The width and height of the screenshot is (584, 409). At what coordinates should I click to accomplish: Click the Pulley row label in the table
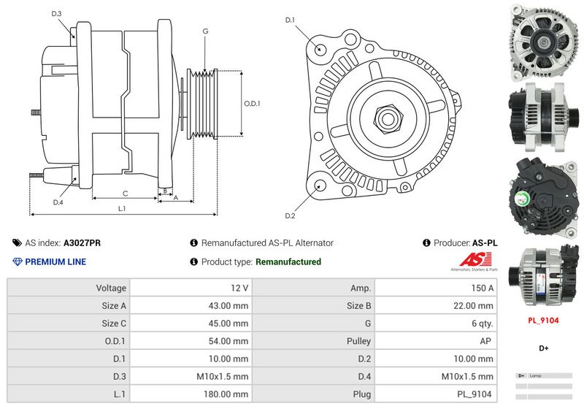coord(358,341)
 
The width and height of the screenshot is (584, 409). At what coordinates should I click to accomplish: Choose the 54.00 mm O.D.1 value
coord(228,341)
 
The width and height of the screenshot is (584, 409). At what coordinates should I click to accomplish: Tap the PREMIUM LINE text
coord(55,261)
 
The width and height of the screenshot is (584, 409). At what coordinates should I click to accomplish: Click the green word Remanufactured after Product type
coord(288,261)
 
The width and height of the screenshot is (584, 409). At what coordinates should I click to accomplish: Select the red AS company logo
coord(475,261)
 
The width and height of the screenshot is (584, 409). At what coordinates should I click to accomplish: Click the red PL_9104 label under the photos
coord(544,320)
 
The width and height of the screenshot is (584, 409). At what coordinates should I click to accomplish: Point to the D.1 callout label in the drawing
coord(290,20)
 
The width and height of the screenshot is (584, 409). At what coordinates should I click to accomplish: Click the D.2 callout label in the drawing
coord(290,215)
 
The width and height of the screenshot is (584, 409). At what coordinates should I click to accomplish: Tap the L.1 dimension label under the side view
coord(122,209)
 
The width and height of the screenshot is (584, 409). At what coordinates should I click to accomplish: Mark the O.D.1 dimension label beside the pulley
coord(252,104)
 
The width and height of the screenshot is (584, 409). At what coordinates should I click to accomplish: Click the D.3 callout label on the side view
coord(57,14)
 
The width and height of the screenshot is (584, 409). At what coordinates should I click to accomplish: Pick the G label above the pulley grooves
coord(206,31)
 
